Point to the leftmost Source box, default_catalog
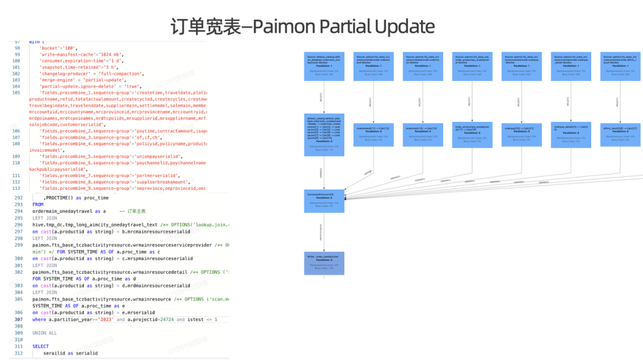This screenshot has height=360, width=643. point(324,65)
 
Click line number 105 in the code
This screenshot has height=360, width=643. point(17,93)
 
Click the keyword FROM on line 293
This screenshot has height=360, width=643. point(38,204)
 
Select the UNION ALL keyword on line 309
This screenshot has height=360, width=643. point(45,333)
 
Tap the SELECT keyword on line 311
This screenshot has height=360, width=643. point(41,346)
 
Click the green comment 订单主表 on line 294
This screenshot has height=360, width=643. point(136,211)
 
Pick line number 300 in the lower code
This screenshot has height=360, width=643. point(19,259)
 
